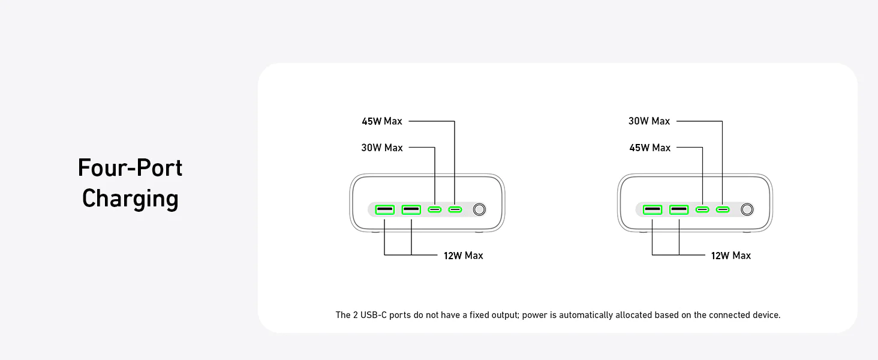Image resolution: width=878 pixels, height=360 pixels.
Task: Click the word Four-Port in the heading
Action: pos(130,168)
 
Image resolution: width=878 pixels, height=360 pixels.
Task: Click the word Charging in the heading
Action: pos(130,199)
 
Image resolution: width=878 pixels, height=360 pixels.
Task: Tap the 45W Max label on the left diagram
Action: pos(382,121)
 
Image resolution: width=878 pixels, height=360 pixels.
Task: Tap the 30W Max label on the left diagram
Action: pos(382,148)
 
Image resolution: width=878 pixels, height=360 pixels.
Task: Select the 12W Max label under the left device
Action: pos(463,256)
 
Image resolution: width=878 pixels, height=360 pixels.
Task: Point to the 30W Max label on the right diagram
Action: pos(649,121)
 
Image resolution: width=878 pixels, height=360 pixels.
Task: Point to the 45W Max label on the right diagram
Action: pos(649,148)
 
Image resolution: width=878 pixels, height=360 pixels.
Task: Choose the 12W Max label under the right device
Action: pos(730,256)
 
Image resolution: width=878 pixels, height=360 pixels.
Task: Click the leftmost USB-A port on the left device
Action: pos(384,209)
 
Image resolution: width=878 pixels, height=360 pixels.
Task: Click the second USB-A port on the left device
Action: pos(411,209)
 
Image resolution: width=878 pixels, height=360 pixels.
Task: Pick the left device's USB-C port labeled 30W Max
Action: pos(435,209)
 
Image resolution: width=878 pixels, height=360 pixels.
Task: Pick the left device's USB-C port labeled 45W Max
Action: pos(455,209)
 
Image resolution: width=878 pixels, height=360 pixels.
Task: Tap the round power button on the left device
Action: pos(479,209)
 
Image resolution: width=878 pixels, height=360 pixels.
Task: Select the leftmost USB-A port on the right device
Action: pos(652,209)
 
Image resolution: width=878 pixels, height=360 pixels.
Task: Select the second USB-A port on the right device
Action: pos(679,209)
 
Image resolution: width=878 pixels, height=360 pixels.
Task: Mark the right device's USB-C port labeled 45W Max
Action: pos(702,209)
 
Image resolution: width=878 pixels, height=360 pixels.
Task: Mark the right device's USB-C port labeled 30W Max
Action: pos(723,209)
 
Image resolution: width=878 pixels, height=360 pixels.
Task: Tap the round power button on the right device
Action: pos(747,209)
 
